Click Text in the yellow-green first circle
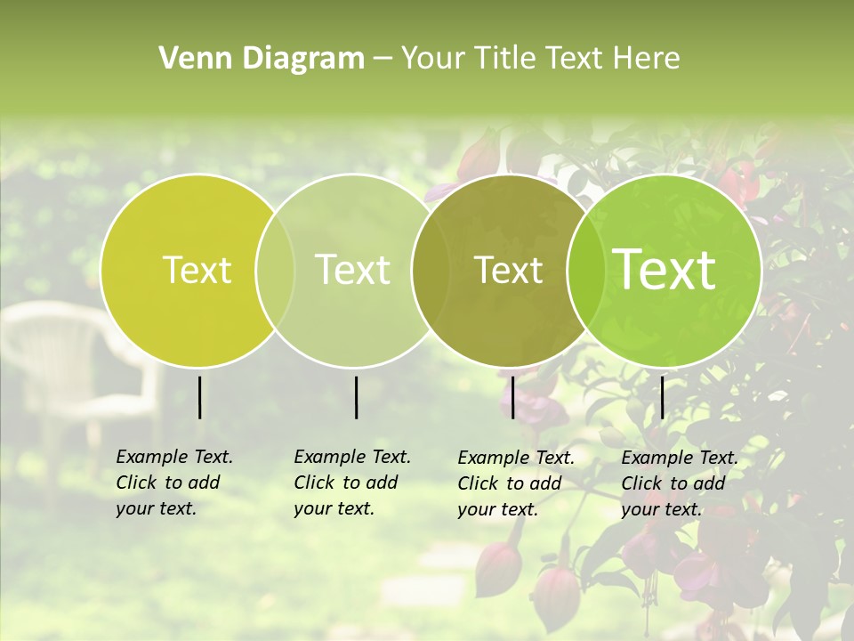[x=197, y=270]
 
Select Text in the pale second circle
[x=353, y=270]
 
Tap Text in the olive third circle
[x=509, y=271]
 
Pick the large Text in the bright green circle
[x=665, y=270]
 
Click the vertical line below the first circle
[x=199, y=397]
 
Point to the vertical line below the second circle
[x=356, y=397]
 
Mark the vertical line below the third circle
[x=512, y=397]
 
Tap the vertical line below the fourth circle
[x=662, y=397]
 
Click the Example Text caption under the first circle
[x=173, y=483]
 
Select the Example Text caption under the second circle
[x=351, y=483]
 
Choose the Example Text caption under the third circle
[x=515, y=483]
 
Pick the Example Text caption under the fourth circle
[x=679, y=483]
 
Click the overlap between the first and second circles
[x=275, y=271]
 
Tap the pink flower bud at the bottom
[x=556, y=592]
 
